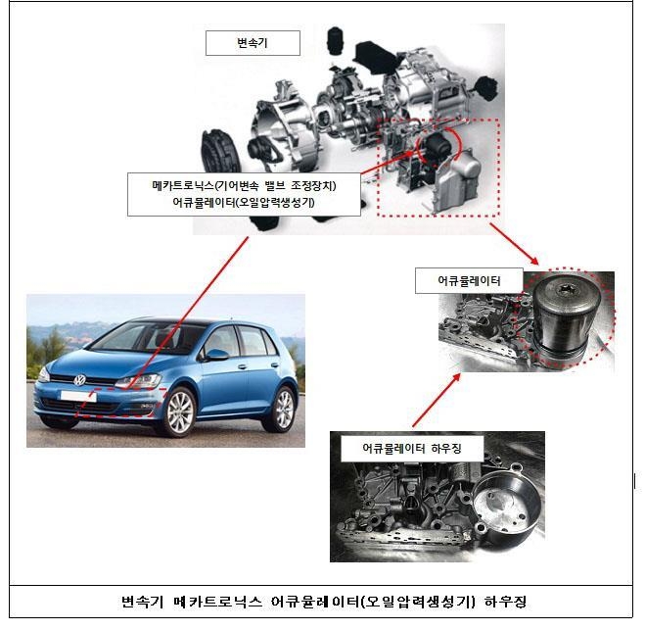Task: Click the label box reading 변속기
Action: pos(253,43)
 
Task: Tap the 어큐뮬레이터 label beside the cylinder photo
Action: pos(469,281)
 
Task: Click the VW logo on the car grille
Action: pos(80,380)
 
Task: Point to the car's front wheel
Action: pos(179,412)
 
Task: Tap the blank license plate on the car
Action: pos(78,397)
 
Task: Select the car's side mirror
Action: pos(216,355)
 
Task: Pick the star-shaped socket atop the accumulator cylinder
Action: pos(564,289)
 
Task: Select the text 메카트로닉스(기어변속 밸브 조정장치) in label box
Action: pos(244,186)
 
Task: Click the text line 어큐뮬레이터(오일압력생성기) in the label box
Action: pos(244,203)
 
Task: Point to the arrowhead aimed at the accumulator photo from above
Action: pos(534,261)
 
